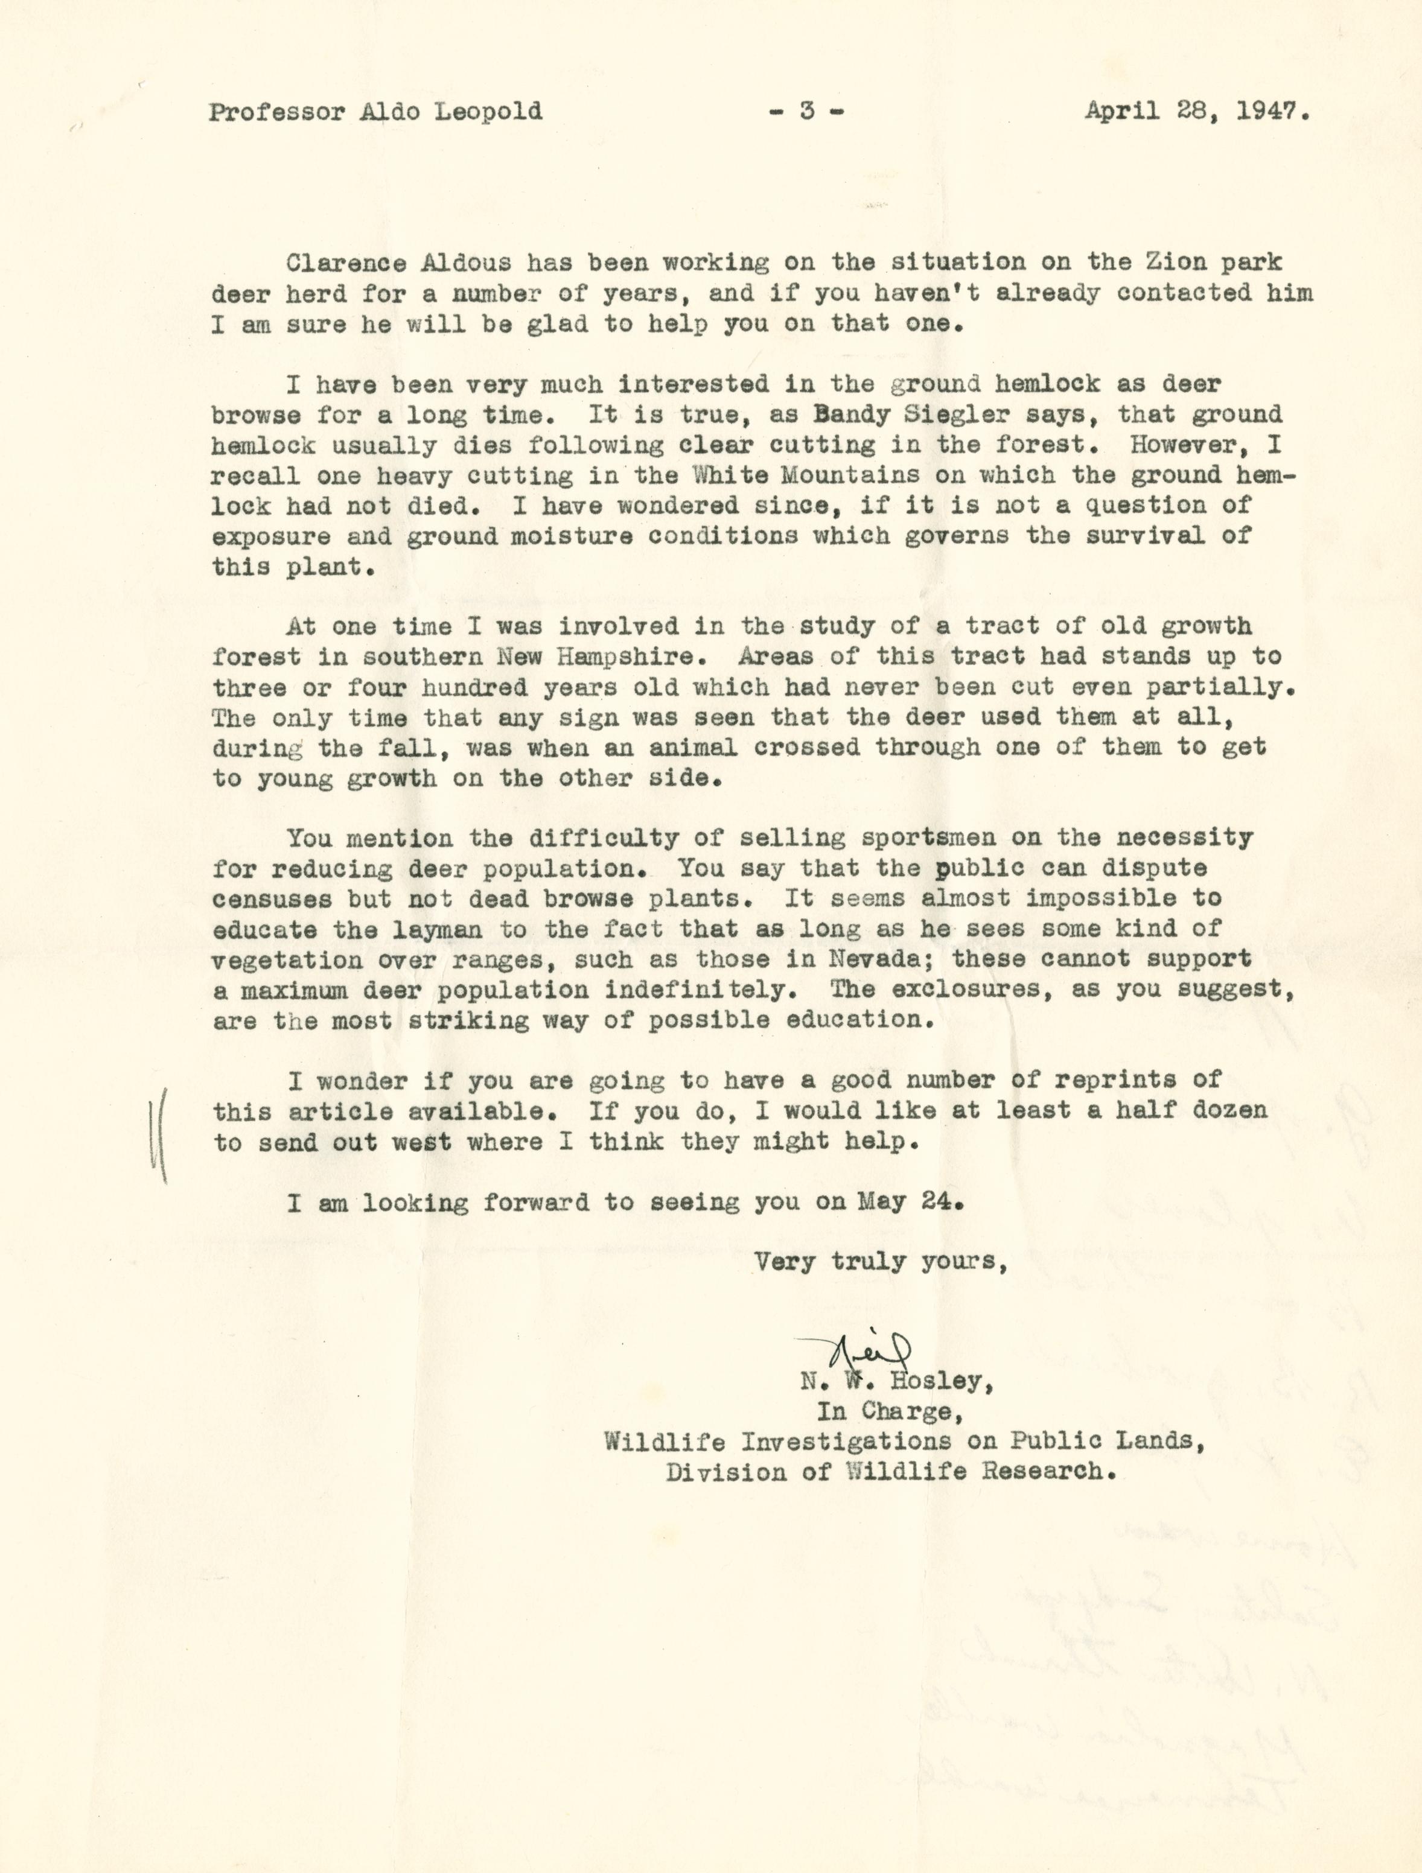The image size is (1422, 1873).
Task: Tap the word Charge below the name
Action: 909,1411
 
